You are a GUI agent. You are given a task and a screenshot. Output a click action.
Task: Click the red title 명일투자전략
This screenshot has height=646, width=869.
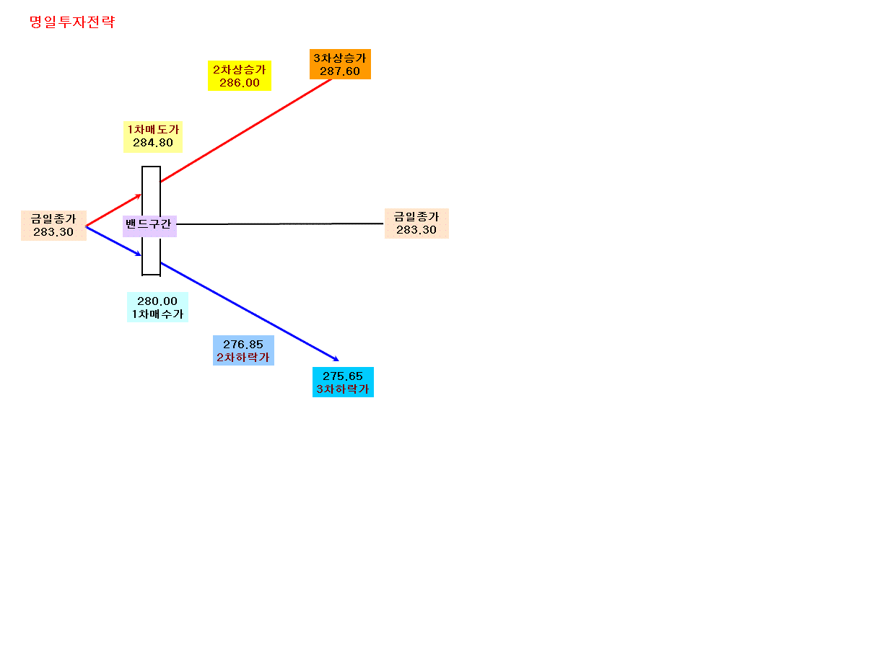(72, 22)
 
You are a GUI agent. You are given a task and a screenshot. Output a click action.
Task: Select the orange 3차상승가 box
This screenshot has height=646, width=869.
(340, 64)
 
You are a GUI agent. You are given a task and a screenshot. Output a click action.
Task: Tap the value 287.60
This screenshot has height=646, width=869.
(340, 71)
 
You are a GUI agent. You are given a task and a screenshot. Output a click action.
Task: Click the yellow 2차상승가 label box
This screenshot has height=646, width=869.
(240, 76)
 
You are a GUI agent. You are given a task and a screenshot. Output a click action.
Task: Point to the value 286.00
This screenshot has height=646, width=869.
(240, 83)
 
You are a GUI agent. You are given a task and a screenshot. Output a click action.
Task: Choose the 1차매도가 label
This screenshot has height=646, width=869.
(153, 129)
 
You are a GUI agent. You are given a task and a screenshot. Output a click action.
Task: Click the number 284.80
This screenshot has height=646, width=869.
(153, 143)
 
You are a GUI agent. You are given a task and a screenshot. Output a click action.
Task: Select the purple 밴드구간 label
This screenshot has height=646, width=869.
(149, 226)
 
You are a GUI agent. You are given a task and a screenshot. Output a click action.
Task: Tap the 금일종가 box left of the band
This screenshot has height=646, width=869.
(53, 226)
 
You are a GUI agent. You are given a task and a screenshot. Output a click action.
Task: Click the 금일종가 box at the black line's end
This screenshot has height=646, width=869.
(416, 224)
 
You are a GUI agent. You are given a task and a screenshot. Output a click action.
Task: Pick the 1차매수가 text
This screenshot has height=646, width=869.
(157, 314)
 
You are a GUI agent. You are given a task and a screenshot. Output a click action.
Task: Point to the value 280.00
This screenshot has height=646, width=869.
(157, 301)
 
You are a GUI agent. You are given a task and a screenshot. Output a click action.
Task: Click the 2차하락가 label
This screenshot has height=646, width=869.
(243, 358)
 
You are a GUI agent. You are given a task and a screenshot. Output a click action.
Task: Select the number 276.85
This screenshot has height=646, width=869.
(243, 345)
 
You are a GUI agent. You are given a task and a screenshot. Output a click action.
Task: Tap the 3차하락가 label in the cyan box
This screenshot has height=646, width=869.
(343, 389)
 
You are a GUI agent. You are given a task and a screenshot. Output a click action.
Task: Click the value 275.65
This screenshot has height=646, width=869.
(343, 376)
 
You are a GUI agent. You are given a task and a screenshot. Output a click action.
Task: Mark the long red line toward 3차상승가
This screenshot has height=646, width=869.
(246, 130)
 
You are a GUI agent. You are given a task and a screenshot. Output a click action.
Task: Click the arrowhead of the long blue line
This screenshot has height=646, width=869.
(336, 359)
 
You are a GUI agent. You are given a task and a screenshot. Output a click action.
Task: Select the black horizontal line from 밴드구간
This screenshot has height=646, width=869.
(280, 224)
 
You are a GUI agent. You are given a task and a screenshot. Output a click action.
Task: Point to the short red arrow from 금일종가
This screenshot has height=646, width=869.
(113, 211)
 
